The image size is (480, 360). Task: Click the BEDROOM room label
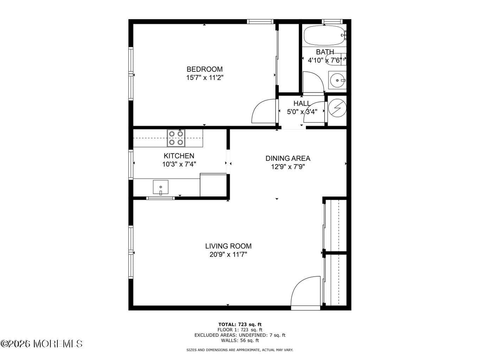(x=204, y=69)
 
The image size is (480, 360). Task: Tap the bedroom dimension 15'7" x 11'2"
(x=204, y=78)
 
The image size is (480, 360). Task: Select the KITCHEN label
(x=179, y=156)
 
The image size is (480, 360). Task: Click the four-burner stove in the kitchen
(x=176, y=138)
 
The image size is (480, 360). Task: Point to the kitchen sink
(x=160, y=187)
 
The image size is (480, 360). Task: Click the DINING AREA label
(x=288, y=159)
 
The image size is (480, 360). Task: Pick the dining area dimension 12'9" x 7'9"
(x=288, y=167)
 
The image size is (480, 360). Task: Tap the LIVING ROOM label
(x=228, y=246)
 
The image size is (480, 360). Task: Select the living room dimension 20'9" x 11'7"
(x=228, y=255)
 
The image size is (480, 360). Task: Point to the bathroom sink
(x=337, y=81)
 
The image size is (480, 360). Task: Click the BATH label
(x=325, y=52)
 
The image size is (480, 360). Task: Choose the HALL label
(x=302, y=103)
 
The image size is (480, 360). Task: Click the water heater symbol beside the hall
(x=337, y=109)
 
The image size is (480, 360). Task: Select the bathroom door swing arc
(x=313, y=82)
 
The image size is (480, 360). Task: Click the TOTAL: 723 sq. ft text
(x=240, y=324)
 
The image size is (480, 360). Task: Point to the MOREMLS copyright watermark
(x=41, y=343)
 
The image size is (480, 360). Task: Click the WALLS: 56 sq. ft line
(x=240, y=340)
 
